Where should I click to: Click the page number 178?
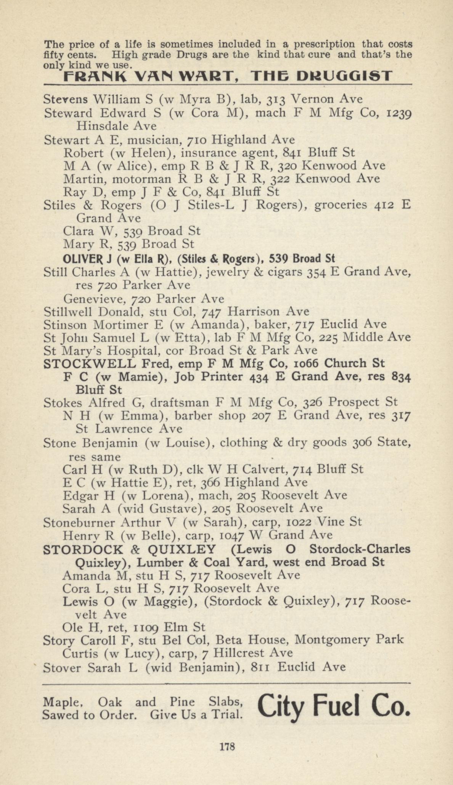tap(227, 746)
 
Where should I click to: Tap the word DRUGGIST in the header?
tap(344, 76)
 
